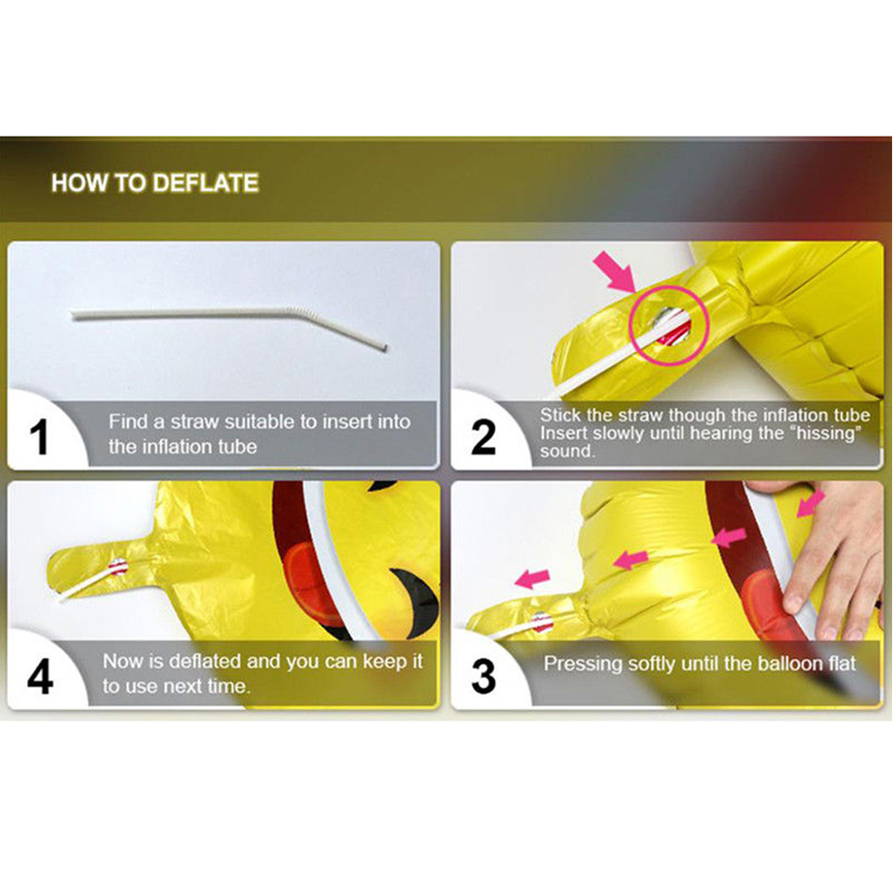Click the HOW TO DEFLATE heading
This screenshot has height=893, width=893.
[154, 183]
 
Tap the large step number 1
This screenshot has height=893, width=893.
[38, 437]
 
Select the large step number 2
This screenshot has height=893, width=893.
[483, 437]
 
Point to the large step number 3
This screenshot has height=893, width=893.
[483, 677]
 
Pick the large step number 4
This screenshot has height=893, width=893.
[40, 677]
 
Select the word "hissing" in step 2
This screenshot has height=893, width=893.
[827, 433]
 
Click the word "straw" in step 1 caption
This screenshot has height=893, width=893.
[195, 421]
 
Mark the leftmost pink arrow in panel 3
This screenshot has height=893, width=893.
[532, 579]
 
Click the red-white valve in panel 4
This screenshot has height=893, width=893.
[118, 567]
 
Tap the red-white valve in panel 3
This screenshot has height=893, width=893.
[542, 622]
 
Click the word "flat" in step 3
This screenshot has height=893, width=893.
[841, 663]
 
